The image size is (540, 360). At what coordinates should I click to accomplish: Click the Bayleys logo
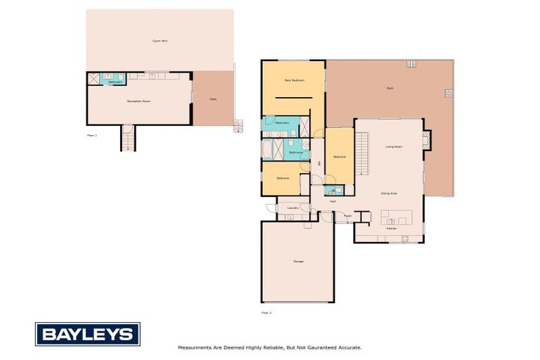tap(87, 334)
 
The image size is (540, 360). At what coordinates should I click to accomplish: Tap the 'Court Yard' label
tap(160, 41)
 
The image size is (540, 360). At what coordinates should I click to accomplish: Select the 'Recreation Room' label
tap(139, 101)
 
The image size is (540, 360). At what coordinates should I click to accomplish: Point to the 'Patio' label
tap(213, 99)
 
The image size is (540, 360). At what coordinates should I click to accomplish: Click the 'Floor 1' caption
tap(91, 134)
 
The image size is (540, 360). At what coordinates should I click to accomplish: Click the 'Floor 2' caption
tap(266, 312)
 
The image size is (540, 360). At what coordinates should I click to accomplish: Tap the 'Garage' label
tap(298, 262)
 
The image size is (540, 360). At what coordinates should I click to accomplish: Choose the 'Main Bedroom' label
tap(294, 81)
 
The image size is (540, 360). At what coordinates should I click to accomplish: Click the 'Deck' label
tap(390, 88)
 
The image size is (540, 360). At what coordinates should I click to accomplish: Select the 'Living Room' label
tap(394, 146)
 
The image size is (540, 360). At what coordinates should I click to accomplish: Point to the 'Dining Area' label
tap(390, 193)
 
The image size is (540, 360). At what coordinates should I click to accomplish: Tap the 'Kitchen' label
tap(392, 229)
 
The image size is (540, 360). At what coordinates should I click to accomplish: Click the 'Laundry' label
tap(293, 208)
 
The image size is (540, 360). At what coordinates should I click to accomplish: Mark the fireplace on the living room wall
tap(426, 140)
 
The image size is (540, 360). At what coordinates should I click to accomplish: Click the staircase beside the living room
tap(361, 153)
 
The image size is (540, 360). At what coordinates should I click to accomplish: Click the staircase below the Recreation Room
tap(127, 139)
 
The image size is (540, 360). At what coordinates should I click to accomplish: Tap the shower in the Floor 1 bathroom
tap(94, 79)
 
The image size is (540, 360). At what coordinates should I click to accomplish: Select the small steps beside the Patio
tap(238, 126)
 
